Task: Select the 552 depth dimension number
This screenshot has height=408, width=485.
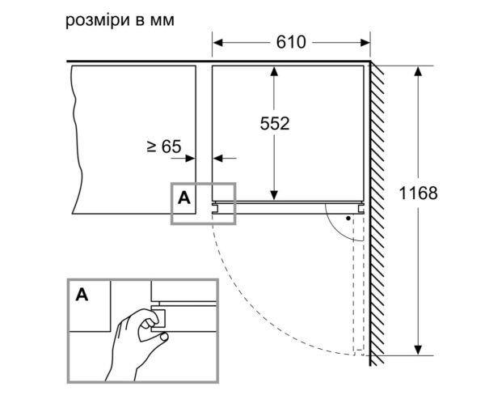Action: (275, 123)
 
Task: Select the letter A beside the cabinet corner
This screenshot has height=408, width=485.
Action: (183, 197)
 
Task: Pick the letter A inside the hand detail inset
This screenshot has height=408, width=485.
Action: (82, 295)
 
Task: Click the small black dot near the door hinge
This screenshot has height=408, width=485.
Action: (348, 217)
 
